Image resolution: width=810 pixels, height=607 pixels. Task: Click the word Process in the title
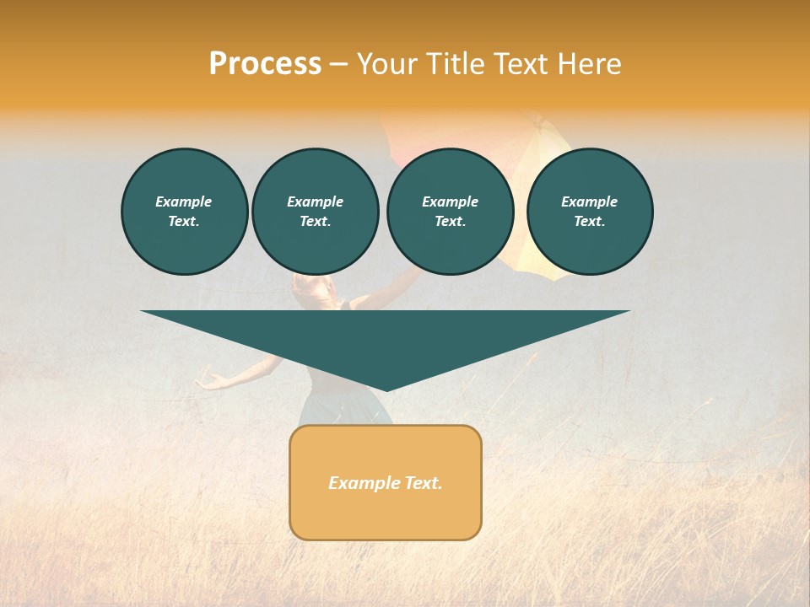[265, 64]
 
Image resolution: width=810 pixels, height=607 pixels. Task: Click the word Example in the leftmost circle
[184, 201]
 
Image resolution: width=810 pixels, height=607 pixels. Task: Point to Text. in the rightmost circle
[590, 221]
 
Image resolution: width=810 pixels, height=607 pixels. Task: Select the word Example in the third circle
[450, 201]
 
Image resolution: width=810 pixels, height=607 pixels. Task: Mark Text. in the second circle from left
[315, 221]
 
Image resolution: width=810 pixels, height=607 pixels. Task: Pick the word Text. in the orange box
[424, 483]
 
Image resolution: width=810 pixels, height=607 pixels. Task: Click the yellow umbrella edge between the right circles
[520, 261]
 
